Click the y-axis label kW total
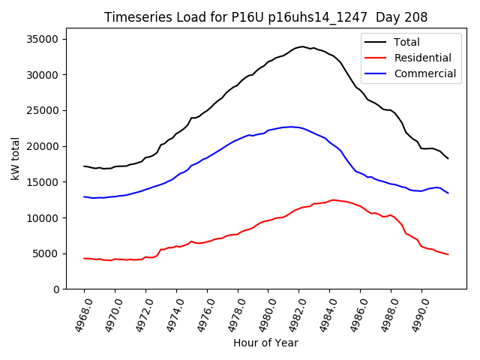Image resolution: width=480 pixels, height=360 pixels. click(15, 159)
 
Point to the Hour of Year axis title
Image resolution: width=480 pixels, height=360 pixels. click(265, 343)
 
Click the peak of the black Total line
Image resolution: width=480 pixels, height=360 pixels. click(302, 46)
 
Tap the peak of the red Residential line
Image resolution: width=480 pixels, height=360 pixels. click(333, 199)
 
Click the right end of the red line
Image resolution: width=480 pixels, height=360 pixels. click(448, 254)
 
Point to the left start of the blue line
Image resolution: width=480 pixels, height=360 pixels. click(84, 196)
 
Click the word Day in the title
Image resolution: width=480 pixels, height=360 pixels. click(385, 17)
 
